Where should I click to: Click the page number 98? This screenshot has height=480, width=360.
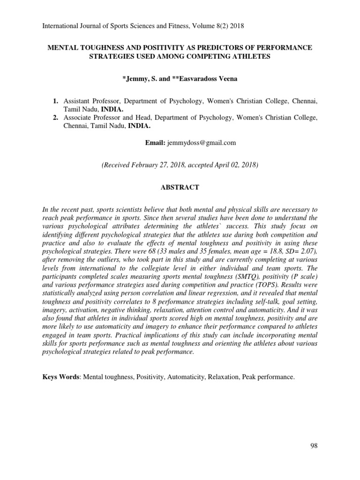pyautogui.click(x=314, y=446)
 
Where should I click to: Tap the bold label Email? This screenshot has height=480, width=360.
pyautogui.click(x=156, y=142)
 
